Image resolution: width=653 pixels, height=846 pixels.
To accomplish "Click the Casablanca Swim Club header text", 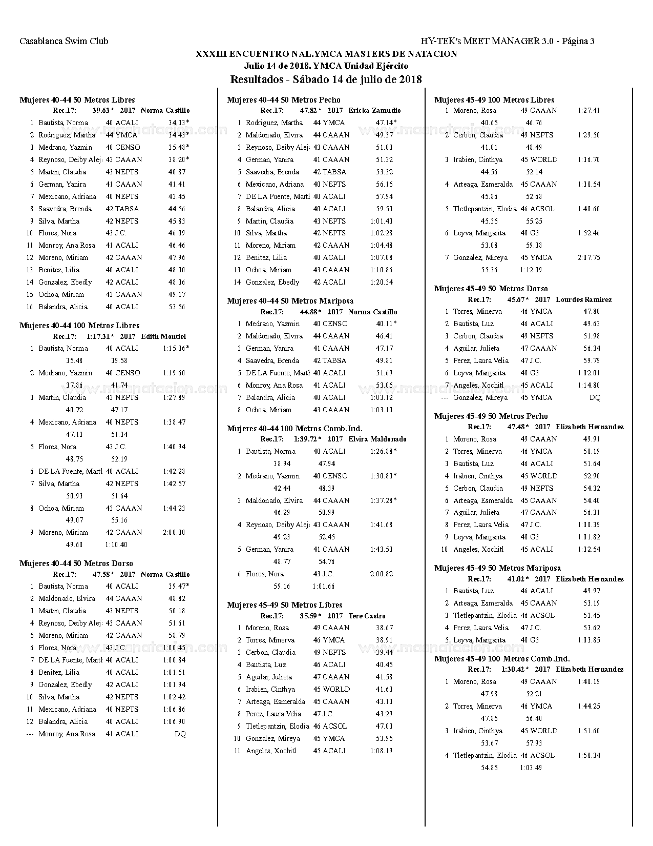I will click(x=64, y=41).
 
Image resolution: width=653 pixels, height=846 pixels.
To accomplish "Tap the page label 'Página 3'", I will click(x=578, y=41).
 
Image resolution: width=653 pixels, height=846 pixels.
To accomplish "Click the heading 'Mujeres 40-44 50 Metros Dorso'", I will click(x=76, y=563).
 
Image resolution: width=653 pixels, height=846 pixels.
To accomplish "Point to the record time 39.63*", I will click(x=103, y=110).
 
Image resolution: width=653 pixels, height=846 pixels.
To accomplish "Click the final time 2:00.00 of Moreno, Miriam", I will click(x=174, y=532).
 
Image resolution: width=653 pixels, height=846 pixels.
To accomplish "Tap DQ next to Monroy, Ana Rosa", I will click(x=180, y=734).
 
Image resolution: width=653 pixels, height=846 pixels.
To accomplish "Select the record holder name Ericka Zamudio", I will click(x=374, y=110).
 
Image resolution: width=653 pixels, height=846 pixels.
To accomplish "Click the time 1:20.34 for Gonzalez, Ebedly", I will click(x=382, y=282).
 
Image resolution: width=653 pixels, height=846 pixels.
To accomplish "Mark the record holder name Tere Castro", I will click(x=367, y=616).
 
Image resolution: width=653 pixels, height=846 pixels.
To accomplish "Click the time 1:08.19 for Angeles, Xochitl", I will click(x=382, y=751).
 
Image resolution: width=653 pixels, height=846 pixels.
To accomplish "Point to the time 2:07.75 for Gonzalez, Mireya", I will click(x=588, y=257).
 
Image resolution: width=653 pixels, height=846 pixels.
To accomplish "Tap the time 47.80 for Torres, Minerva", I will click(x=592, y=311).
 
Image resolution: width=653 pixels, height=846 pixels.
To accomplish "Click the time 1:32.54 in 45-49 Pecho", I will click(x=588, y=549).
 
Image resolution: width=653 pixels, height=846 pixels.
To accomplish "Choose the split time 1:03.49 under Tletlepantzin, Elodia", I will click(x=531, y=768).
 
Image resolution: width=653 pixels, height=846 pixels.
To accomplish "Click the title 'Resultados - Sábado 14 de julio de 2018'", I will click(x=326, y=79).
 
